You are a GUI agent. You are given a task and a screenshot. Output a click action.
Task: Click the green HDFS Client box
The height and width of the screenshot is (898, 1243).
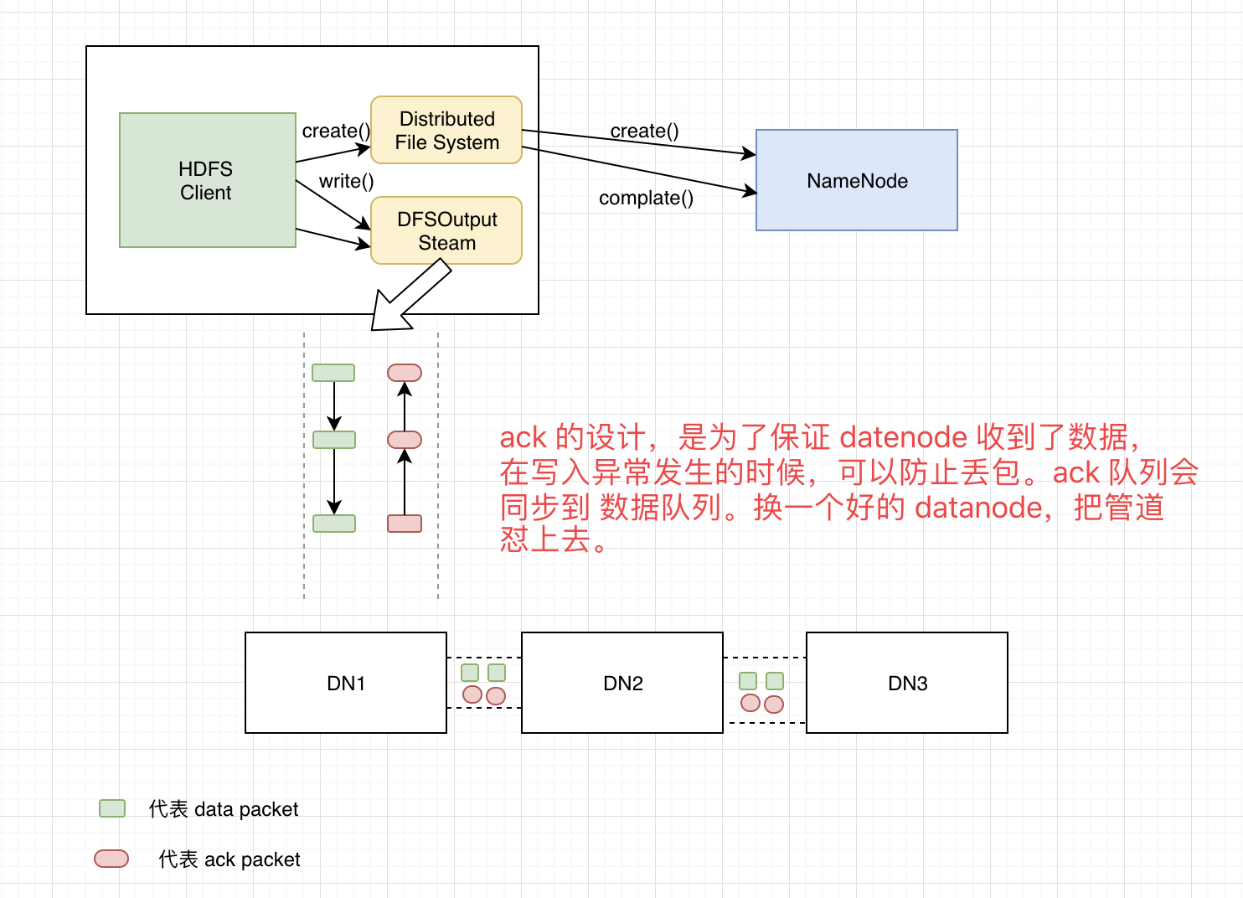[208, 180]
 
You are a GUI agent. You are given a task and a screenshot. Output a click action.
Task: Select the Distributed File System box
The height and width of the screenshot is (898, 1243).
[446, 130]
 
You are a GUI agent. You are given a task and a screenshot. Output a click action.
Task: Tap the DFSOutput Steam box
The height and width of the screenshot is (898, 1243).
[446, 230]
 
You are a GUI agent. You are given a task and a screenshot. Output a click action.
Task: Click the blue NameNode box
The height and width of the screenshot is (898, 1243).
[856, 180]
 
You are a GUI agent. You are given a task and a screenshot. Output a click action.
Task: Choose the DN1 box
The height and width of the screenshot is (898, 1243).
[345, 683]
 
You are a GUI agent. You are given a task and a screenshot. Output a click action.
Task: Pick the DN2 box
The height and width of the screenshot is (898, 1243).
[621, 683]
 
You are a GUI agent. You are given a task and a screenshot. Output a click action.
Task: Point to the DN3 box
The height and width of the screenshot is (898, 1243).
[906, 683]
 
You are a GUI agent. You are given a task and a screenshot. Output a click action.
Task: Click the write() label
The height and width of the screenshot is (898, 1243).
[346, 181]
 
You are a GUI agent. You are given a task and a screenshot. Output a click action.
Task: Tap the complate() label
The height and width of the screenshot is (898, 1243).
[646, 198]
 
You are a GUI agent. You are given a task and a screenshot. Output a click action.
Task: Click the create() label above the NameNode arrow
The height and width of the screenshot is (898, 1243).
[644, 131]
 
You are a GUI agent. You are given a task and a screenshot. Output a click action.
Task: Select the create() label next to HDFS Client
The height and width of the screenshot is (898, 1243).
[336, 131]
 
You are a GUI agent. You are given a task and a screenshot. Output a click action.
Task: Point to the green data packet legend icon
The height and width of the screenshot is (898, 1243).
[112, 808]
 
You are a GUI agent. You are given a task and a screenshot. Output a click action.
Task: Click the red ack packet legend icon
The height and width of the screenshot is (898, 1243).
[111, 859]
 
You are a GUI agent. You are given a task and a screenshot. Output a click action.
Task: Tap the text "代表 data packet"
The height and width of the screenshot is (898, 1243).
[224, 809]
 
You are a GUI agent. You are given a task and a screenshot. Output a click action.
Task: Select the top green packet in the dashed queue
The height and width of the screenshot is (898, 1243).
[333, 373]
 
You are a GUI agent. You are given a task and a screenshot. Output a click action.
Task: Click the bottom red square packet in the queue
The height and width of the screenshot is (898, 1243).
[405, 524]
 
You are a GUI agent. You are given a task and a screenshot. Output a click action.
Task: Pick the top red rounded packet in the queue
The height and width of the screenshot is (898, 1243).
[405, 373]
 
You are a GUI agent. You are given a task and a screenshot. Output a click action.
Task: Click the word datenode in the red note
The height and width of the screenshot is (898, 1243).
[903, 437]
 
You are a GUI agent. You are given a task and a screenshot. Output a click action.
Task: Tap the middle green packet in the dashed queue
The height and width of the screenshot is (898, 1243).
[333, 440]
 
